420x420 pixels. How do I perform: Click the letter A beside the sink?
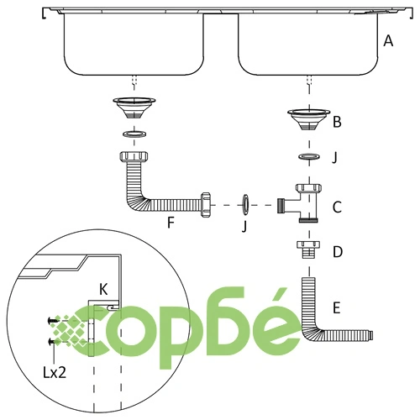point(388,41)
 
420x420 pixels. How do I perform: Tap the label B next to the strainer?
point(337,122)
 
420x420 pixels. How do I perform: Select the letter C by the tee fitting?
point(337,207)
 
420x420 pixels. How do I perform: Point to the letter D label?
point(338,252)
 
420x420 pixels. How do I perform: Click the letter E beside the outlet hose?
point(337,307)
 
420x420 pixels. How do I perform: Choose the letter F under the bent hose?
point(171,223)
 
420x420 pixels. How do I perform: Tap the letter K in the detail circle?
point(103,289)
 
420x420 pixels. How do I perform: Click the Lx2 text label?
point(55,373)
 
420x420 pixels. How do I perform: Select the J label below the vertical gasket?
point(244,226)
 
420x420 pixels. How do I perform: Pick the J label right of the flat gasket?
point(334,158)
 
